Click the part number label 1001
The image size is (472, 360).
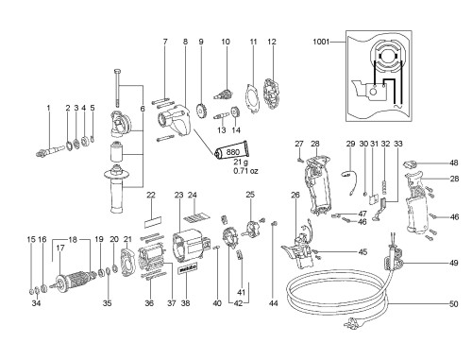click(321, 42)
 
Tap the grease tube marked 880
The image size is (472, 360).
click(231, 152)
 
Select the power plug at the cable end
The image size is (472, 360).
click(354, 323)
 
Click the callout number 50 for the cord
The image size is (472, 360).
click(453, 304)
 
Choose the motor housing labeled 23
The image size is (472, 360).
click(190, 247)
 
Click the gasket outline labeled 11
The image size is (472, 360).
click(252, 98)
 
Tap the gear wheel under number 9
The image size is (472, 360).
click(200, 111)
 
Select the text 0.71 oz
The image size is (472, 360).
click(245, 171)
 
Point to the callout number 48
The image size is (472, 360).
click(454, 163)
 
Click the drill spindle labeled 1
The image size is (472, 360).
click(50, 150)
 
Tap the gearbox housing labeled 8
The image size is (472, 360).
click(174, 121)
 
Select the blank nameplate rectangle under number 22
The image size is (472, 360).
click(153, 222)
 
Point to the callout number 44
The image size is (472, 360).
click(274, 303)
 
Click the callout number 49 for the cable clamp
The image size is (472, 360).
click(453, 263)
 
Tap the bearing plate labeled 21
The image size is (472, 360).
click(127, 263)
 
